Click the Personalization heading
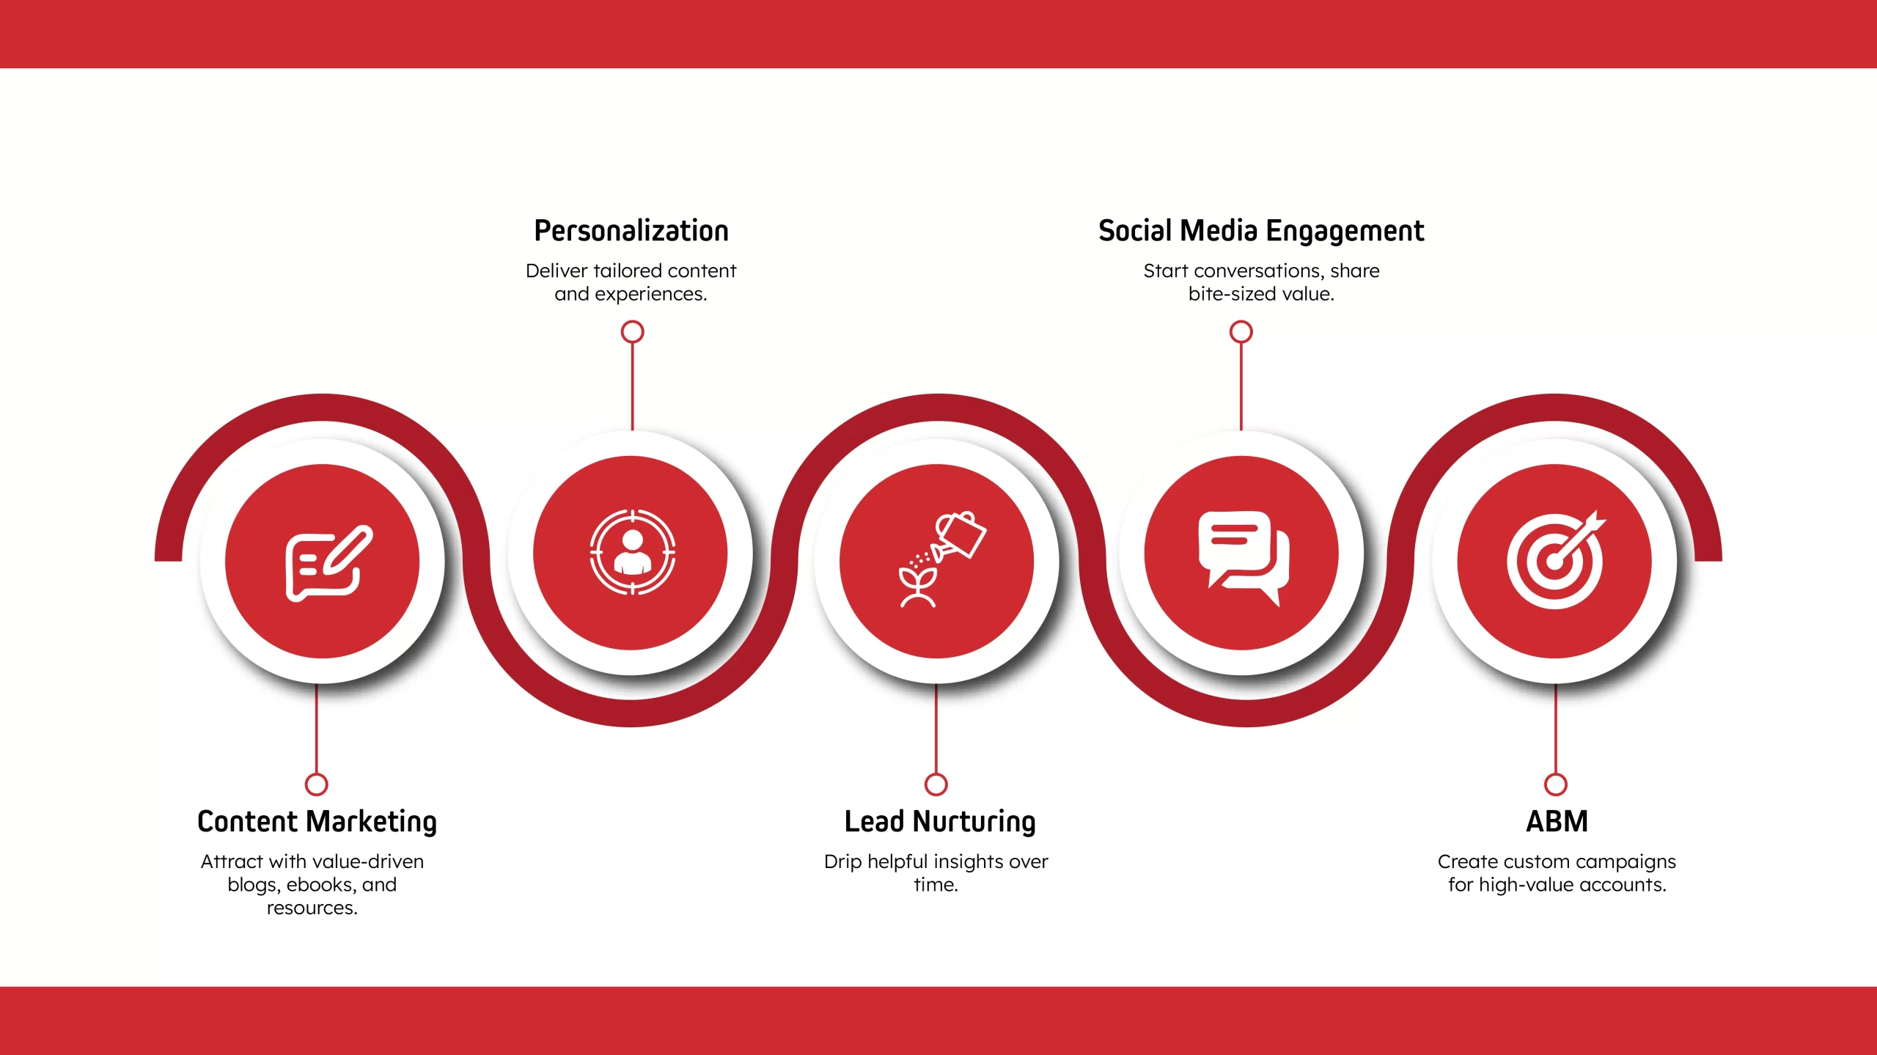(x=631, y=231)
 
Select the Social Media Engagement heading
(x=1261, y=231)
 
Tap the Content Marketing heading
(x=317, y=822)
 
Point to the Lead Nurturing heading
(x=940, y=822)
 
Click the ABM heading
(x=1557, y=821)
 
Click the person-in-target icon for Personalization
(x=632, y=552)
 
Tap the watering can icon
(x=943, y=559)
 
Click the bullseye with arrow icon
(x=1556, y=559)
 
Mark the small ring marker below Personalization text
(x=632, y=332)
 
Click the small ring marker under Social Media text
(x=1241, y=332)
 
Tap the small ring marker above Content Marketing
(x=316, y=784)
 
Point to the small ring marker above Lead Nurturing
(x=936, y=784)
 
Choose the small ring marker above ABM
(x=1555, y=784)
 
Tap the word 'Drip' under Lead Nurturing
(x=842, y=862)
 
